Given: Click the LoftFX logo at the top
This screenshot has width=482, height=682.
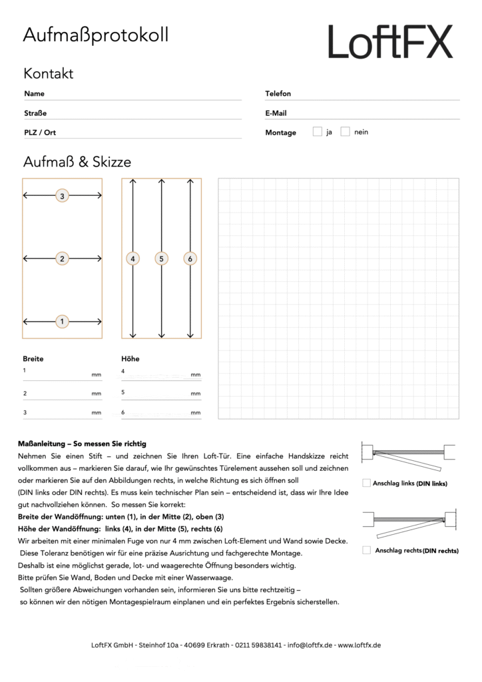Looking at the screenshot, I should click(x=390, y=42).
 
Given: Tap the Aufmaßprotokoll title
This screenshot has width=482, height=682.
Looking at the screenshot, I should click(x=95, y=35).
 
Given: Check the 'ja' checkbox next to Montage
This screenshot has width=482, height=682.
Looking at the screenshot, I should click(x=318, y=132).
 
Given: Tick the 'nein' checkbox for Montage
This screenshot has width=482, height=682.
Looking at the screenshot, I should click(x=345, y=132).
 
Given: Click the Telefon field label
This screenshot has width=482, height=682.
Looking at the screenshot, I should click(x=278, y=94).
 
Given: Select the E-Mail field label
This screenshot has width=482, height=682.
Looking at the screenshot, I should click(x=276, y=113).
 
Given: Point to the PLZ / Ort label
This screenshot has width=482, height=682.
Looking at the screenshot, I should click(x=40, y=133).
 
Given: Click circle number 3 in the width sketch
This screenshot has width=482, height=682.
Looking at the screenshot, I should click(x=62, y=196).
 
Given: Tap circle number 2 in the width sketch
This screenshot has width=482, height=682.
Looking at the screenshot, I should click(x=62, y=258).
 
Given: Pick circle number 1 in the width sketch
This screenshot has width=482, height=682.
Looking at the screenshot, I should click(x=62, y=322).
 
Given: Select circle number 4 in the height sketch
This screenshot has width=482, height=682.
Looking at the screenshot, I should click(x=133, y=258).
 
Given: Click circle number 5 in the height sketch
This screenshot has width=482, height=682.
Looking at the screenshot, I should click(x=161, y=258).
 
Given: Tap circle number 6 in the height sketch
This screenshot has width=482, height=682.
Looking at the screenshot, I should click(x=190, y=258).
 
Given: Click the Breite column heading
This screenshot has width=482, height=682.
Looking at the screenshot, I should click(x=33, y=358).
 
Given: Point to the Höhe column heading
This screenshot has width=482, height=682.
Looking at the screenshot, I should click(x=130, y=358).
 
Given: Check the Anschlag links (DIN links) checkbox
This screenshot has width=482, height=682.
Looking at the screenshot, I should click(x=366, y=483).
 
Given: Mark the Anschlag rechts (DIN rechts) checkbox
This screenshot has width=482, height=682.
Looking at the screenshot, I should click(x=366, y=550).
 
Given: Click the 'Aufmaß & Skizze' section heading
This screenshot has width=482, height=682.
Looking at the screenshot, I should click(x=77, y=162).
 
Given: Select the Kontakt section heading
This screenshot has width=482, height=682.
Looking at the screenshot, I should click(x=48, y=73).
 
